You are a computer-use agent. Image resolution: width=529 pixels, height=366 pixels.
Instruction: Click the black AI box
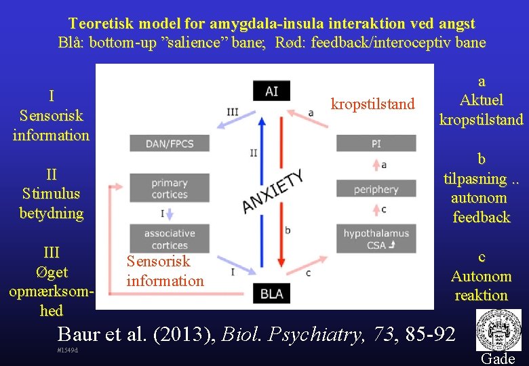pyautogui.click(x=271, y=91)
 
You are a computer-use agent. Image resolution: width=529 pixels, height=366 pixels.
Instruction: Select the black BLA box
pyautogui.click(x=271, y=293)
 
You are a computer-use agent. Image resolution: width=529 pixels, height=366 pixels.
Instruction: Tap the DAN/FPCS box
pyautogui.click(x=170, y=143)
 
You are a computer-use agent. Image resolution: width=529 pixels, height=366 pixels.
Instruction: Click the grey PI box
pyautogui.click(x=376, y=143)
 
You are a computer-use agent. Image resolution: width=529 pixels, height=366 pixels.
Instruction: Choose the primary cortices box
pyautogui.click(x=170, y=188)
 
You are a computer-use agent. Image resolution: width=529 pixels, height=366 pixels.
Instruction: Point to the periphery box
pyautogui.click(x=376, y=189)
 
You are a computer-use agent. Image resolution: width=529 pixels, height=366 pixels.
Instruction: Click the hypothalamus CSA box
pyautogui.click(x=376, y=239)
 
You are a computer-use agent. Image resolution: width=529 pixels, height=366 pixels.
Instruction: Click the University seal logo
pyautogui.click(x=498, y=330)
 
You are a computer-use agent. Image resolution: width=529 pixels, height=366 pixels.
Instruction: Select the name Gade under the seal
pyautogui.click(x=498, y=359)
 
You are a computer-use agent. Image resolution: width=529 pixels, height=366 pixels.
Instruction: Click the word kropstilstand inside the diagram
pyautogui.click(x=372, y=104)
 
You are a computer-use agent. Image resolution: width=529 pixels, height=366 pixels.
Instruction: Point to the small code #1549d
pyautogui.click(x=68, y=350)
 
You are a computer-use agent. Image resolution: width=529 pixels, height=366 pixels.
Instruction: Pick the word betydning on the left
pyautogui.click(x=51, y=213)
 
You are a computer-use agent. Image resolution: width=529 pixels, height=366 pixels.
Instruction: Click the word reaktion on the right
pyautogui.click(x=482, y=296)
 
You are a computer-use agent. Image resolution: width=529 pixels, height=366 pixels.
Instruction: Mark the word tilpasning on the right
pyautogui.click(x=475, y=179)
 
